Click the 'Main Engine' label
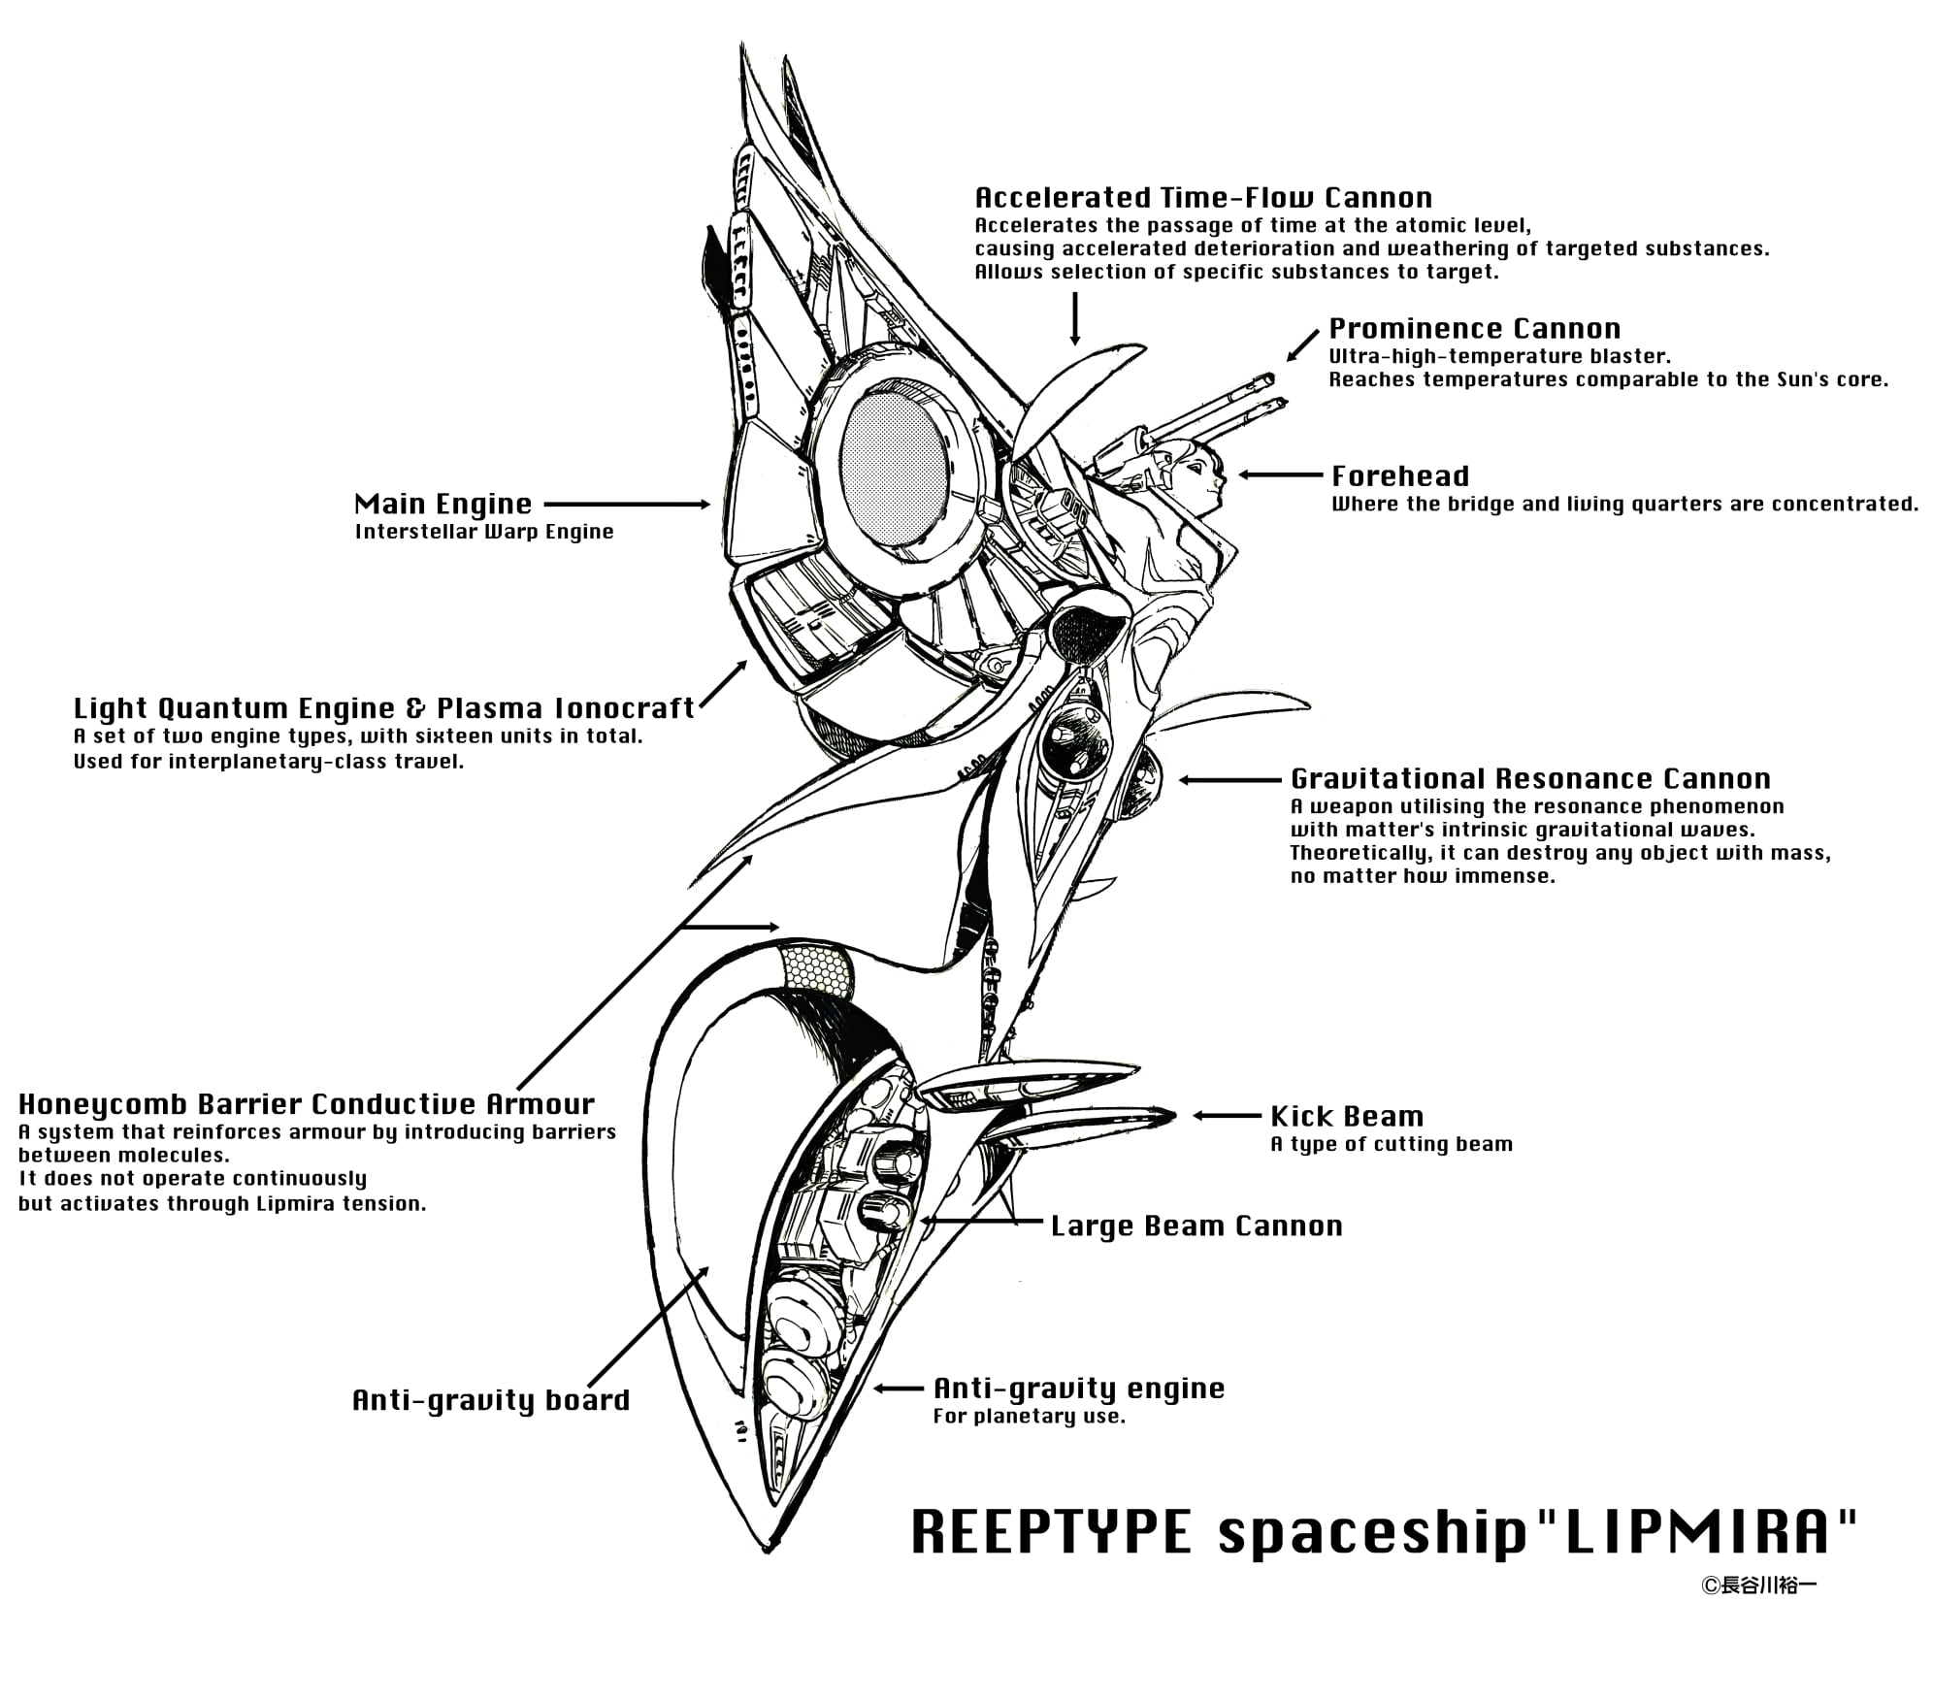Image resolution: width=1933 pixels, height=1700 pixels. click(442, 505)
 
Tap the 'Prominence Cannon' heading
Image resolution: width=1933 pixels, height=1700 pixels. click(1474, 329)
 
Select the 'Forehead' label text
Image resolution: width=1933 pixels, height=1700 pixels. click(1400, 476)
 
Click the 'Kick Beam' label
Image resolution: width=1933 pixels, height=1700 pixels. click(1346, 1117)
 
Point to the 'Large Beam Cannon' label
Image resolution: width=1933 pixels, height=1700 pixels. click(1196, 1226)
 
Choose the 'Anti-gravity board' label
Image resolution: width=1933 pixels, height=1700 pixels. click(491, 1401)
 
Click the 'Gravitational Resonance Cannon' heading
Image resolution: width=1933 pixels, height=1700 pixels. click(1530, 779)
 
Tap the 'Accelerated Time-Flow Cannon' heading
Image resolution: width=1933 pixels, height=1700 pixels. click(1203, 198)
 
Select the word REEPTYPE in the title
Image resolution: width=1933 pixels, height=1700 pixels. click(1051, 1532)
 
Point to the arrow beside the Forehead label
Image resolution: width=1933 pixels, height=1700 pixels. click(1280, 475)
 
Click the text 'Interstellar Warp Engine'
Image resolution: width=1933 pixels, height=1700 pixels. click(484, 532)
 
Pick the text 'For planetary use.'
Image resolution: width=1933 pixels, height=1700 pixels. click(1029, 1417)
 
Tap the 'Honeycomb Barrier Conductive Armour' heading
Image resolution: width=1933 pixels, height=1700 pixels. click(307, 1104)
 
